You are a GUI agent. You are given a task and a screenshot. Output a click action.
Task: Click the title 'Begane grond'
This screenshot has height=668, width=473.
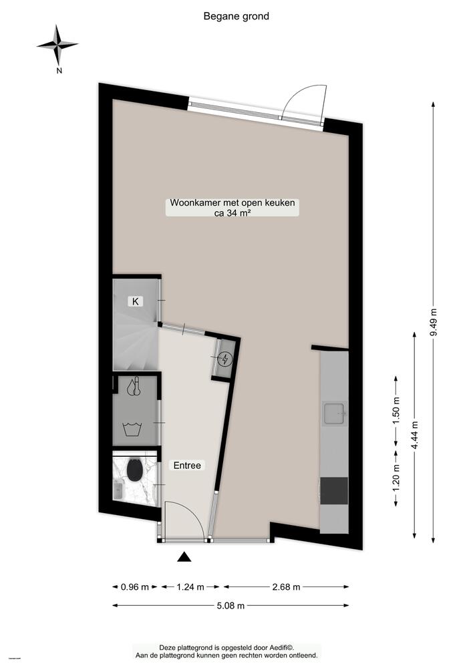point(236,16)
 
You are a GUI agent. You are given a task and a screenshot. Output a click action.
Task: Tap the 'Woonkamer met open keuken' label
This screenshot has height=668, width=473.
point(232,203)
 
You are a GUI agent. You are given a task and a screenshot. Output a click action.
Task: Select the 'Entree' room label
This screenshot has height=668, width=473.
point(187,466)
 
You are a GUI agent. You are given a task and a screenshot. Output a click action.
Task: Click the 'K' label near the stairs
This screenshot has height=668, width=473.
point(136,301)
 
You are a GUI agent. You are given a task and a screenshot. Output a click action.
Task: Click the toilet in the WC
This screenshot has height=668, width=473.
point(134,471)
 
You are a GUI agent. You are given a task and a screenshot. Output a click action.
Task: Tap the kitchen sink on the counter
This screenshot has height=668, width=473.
point(333,413)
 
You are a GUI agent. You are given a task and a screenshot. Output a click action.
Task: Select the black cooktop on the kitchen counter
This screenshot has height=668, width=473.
point(334,491)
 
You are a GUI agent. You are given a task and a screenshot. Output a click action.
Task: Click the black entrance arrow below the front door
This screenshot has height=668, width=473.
point(184,556)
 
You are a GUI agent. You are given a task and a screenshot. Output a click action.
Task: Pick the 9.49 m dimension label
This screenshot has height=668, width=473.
point(434,325)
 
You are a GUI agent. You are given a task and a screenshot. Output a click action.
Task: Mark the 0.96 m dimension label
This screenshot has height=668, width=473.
point(135,587)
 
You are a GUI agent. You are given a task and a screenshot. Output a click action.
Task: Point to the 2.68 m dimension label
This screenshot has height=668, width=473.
point(286,587)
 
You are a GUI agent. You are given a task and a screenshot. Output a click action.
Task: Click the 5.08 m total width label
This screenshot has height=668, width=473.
point(230,606)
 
